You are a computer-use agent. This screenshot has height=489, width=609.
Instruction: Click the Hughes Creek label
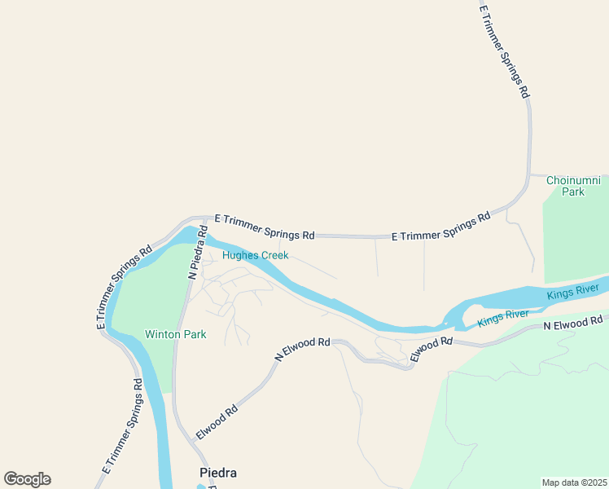coord(256,255)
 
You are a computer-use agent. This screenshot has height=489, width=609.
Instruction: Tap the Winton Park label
coord(175,334)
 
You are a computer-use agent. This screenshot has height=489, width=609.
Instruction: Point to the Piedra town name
coord(218,473)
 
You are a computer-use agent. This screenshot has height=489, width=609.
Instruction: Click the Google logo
coord(27,479)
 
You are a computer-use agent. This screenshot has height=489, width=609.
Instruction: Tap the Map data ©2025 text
coord(575,482)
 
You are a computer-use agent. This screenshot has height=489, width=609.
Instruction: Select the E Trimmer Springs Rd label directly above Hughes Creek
coord(264,227)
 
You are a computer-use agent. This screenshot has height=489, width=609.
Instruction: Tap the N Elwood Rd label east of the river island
coord(573,324)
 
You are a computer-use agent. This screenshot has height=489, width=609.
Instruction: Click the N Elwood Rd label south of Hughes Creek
coord(302,350)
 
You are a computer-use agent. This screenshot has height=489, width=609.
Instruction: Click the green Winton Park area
coord(151,293)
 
